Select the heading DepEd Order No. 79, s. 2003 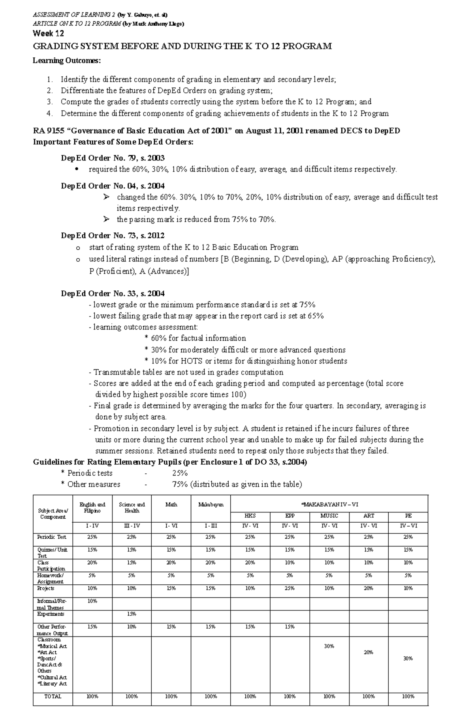point(113,158)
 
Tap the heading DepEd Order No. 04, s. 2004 point(113,186)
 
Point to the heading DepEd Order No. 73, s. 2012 point(113,235)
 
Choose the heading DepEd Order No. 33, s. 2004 point(113,294)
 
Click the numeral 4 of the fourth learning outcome point(49,114)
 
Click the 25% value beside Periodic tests point(180,473)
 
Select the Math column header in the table point(171,505)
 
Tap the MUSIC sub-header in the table point(329,516)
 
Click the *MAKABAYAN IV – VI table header point(329,505)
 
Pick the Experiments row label point(51,614)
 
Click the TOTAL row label point(53,697)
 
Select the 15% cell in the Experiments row point(132,614)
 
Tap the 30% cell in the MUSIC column point(329,646)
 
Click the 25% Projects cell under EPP point(290,588)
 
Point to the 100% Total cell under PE point(408,697)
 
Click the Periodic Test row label point(52,537)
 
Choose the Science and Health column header point(132,508)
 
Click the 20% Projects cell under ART point(369,588)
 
